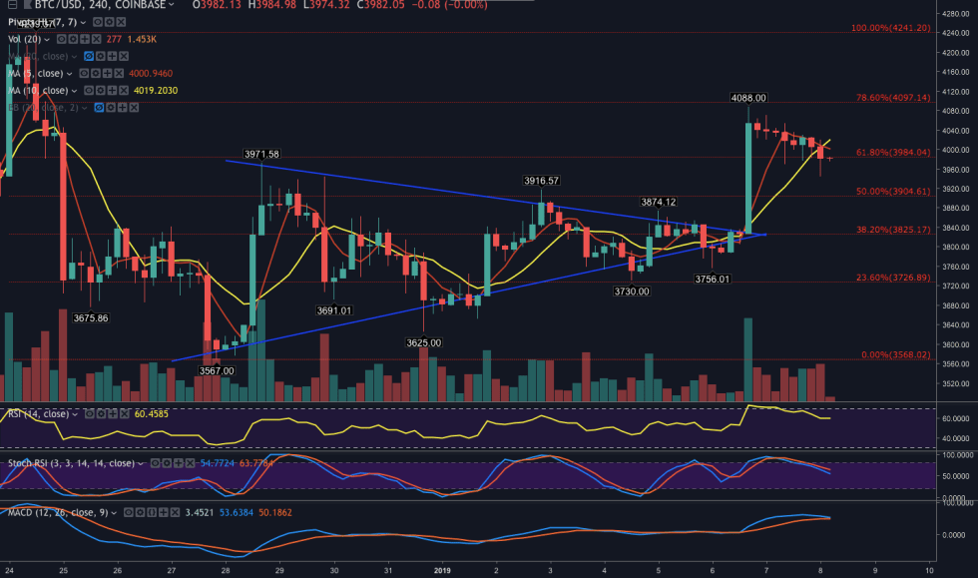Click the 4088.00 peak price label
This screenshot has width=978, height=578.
point(747,98)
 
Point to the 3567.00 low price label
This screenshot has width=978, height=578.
point(217,370)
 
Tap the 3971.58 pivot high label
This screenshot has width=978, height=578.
point(261,154)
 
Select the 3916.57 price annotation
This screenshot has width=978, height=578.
point(540,181)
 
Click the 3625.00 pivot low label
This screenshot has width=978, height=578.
point(423,342)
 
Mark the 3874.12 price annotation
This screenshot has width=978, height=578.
point(658,202)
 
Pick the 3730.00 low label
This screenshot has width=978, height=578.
point(631,290)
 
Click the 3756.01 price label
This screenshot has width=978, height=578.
point(713,280)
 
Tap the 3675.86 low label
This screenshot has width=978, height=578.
point(91,289)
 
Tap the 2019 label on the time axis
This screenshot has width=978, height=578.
point(442,570)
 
